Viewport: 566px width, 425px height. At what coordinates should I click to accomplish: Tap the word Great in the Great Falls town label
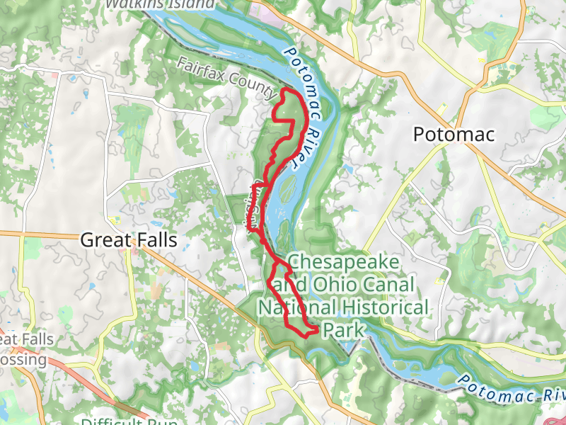click(x=104, y=240)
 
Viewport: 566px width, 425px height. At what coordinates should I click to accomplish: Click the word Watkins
click(x=132, y=4)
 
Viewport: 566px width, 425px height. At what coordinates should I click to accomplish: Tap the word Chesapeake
click(x=345, y=263)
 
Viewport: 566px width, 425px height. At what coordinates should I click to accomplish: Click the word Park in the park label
click(x=342, y=330)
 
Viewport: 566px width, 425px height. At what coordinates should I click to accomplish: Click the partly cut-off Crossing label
click(x=21, y=360)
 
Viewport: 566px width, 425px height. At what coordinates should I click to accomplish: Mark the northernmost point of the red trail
click(x=285, y=91)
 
